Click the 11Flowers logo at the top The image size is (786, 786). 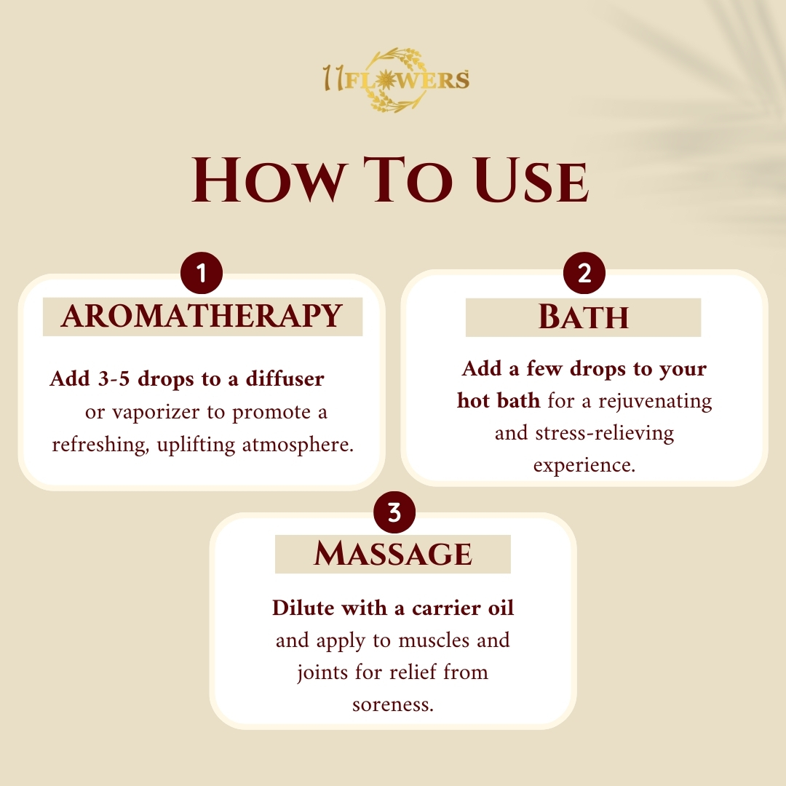coord(396,80)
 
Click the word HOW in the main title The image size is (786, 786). coord(270,180)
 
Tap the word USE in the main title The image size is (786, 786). coord(531,180)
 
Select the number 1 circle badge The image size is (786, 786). coord(202,273)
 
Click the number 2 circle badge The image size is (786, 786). coord(584,273)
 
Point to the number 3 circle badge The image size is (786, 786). coord(394,512)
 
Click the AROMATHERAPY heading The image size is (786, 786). coord(202,316)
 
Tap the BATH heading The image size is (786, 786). coord(584,317)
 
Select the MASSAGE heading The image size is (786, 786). coord(393,554)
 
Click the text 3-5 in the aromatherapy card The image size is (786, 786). coord(114,379)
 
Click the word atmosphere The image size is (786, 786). coord(298,445)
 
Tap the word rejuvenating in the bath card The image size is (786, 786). coord(655,402)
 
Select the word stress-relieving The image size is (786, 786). coord(605,432)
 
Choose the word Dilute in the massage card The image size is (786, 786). coord(304,608)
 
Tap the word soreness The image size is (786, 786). coord(393,704)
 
